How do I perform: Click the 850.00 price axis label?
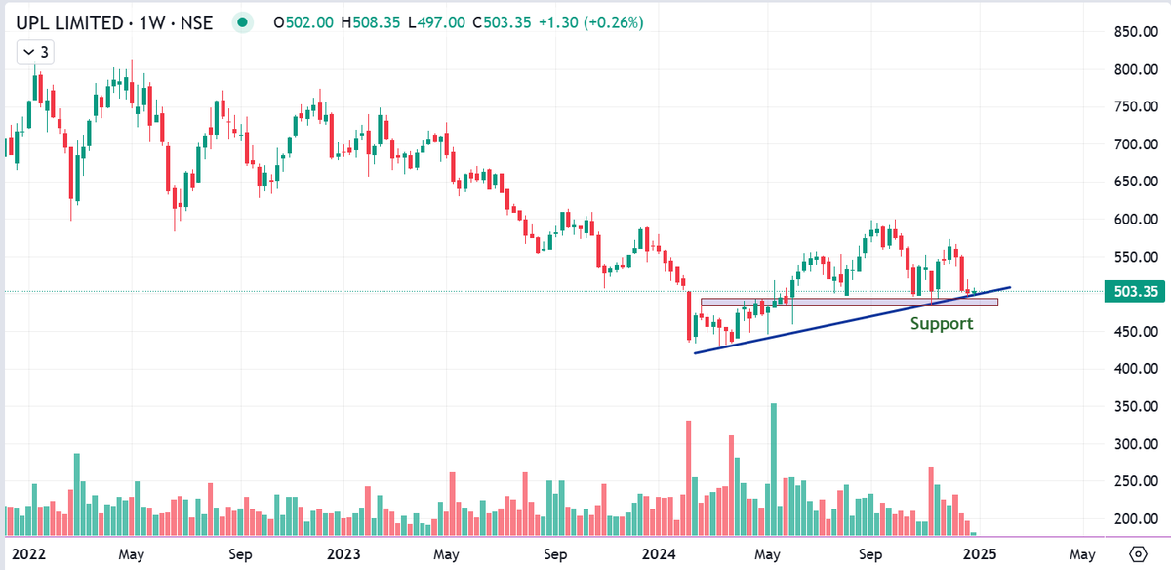click(1135, 32)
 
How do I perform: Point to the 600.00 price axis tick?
click(1135, 220)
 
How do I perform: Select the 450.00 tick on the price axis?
click(1135, 332)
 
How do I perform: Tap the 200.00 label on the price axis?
click(1135, 519)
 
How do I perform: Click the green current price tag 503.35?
click(1135, 291)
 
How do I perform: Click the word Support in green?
click(941, 323)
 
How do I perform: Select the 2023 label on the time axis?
click(343, 553)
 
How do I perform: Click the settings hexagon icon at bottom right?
click(1137, 553)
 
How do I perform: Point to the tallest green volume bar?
click(774, 468)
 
